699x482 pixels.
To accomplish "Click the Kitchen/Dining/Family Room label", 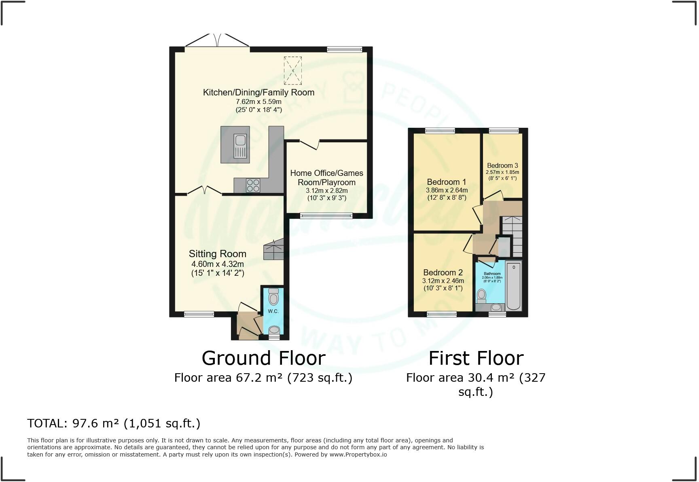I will click(258, 92).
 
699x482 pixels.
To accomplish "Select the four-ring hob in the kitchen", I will click(253, 186).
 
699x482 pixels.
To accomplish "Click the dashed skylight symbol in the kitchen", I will click(293, 70).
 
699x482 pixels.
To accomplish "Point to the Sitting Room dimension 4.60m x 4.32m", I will click(218, 264).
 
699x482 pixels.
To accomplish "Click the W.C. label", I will click(273, 311).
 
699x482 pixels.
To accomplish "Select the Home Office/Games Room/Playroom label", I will click(326, 178).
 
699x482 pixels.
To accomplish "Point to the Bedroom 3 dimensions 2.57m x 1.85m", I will click(502, 172).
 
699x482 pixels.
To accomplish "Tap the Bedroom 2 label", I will click(443, 273).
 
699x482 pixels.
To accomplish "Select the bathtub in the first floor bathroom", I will click(513, 286).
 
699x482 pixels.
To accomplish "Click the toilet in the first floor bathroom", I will click(481, 296).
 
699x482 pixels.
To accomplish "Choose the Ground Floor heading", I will click(263, 358).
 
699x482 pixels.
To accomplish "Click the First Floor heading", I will click(476, 358).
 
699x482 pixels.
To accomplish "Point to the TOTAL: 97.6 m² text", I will click(114, 423).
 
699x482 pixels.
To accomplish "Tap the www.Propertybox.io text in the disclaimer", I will click(358, 455).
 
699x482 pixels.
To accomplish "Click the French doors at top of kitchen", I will click(217, 43).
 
